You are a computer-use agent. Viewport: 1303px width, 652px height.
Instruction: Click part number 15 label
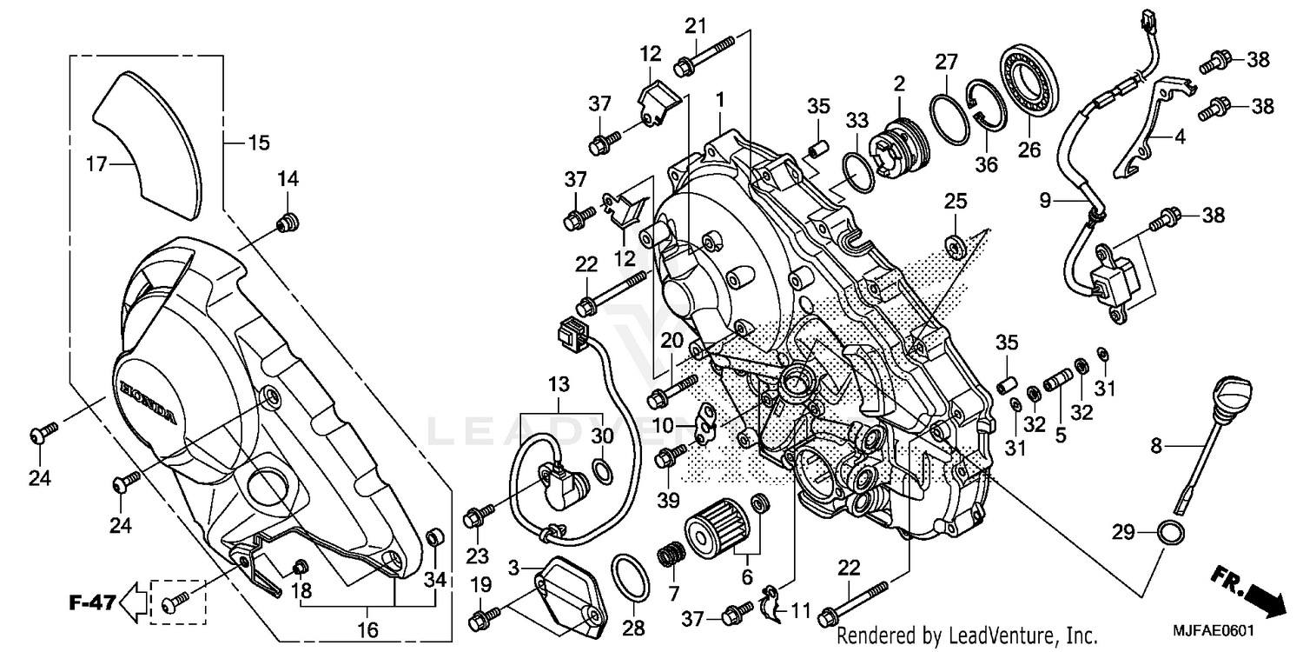[x=259, y=142]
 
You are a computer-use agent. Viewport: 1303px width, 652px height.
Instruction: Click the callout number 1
[x=719, y=100]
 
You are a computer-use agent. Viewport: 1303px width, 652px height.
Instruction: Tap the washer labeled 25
[x=956, y=246]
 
